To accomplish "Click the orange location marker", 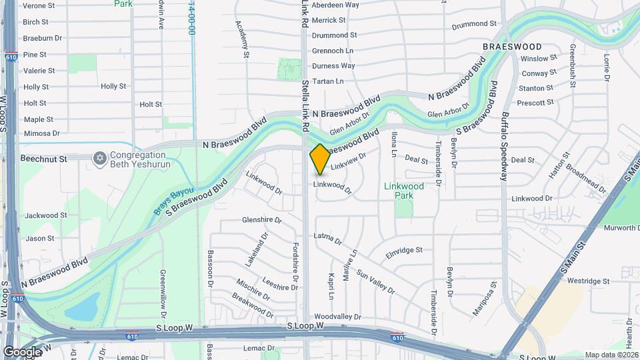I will (320, 159).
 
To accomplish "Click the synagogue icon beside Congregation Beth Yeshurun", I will (100, 158).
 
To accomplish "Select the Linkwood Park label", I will (404, 191).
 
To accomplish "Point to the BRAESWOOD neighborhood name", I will (512, 47).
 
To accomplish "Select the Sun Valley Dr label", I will (375, 281).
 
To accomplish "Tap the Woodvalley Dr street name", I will (337, 317).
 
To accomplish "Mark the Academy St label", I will (242, 37).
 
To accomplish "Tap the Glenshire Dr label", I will (262, 219).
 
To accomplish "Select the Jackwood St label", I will (46, 215).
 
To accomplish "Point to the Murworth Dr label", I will (621, 228).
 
